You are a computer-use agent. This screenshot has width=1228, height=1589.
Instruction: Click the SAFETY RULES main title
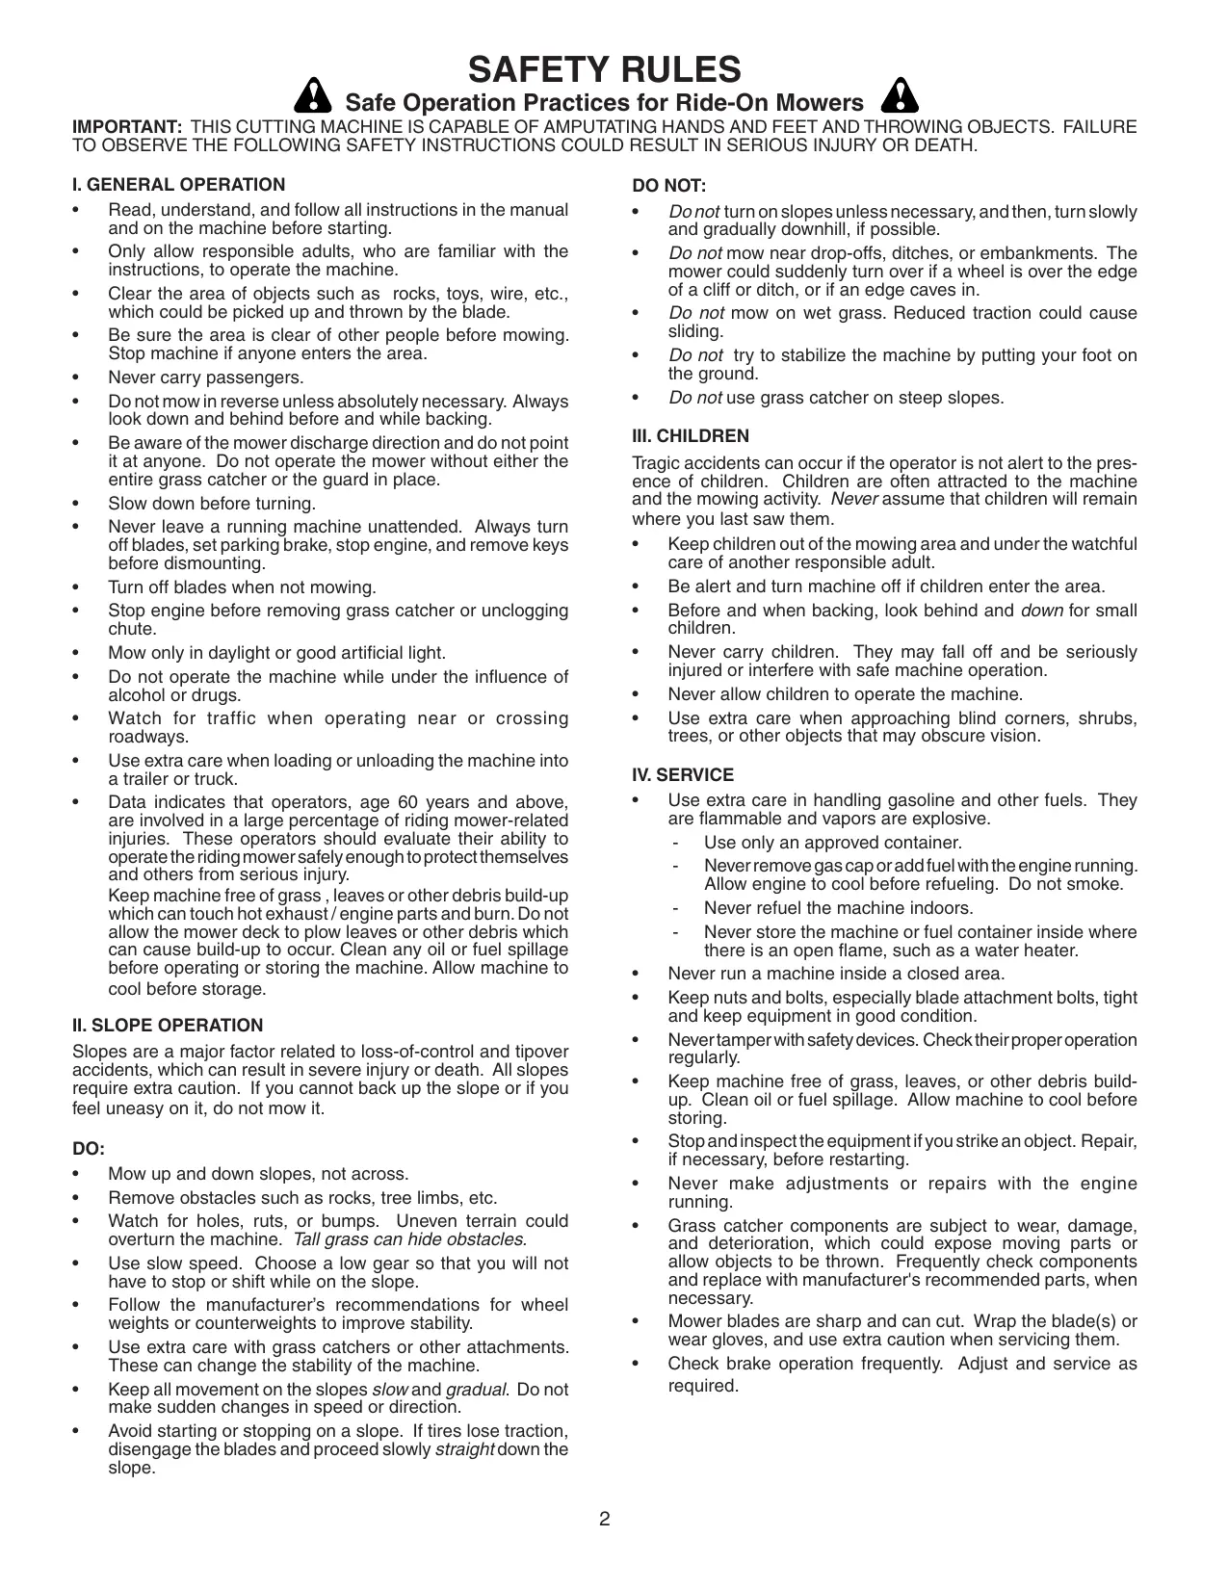click(604, 70)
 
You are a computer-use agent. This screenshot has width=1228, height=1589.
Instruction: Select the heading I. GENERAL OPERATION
click(179, 185)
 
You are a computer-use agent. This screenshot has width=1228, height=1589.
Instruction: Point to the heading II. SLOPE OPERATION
click(168, 1026)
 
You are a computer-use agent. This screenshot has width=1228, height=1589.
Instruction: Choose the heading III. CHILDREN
click(690, 436)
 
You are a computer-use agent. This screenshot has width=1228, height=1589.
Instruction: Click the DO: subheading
click(88, 1149)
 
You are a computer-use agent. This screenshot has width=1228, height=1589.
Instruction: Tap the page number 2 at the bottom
click(604, 1520)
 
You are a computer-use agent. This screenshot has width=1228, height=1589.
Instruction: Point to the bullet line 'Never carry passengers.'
click(205, 378)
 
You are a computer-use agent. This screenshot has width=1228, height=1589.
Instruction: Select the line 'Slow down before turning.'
click(212, 504)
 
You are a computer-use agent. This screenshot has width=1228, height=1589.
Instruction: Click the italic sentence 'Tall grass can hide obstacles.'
click(409, 1239)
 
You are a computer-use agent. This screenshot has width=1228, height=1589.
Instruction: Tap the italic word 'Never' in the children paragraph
click(853, 499)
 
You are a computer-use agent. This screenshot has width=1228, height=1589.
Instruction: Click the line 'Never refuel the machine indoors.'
click(838, 908)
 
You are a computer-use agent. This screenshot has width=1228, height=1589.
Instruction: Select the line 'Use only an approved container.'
click(832, 843)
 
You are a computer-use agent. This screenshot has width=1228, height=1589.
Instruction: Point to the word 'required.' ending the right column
click(703, 1386)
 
